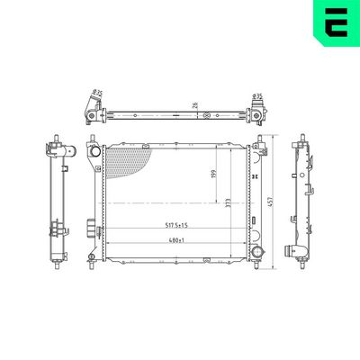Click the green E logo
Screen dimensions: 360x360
(335, 24)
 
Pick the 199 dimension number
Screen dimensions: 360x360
(213, 174)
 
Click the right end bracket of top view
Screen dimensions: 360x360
(256, 114)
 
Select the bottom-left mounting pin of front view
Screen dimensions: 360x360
(93, 260)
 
